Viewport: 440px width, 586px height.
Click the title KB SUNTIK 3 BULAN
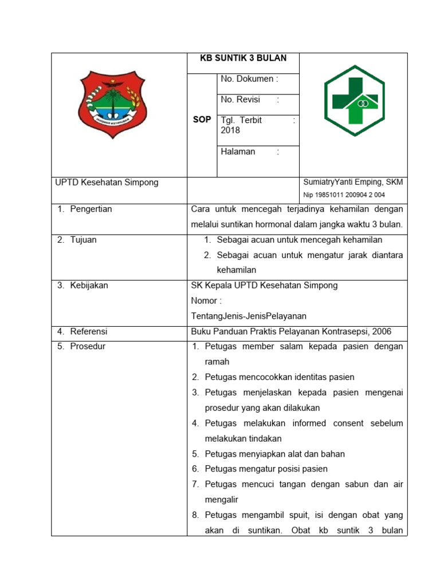(243, 58)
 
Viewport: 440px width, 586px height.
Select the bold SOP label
(202, 120)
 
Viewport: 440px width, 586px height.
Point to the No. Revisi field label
(241, 100)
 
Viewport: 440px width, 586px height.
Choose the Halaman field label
(238, 152)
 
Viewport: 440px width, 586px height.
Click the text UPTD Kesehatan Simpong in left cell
(107, 183)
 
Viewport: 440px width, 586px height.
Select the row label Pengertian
(91, 209)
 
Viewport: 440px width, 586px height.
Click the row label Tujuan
(83, 240)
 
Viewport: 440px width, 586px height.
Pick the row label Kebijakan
(89, 285)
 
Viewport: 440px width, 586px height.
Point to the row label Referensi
(89, 331)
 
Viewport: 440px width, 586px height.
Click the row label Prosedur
(88, 346)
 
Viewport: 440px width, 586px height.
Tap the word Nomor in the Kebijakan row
(204, 300)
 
